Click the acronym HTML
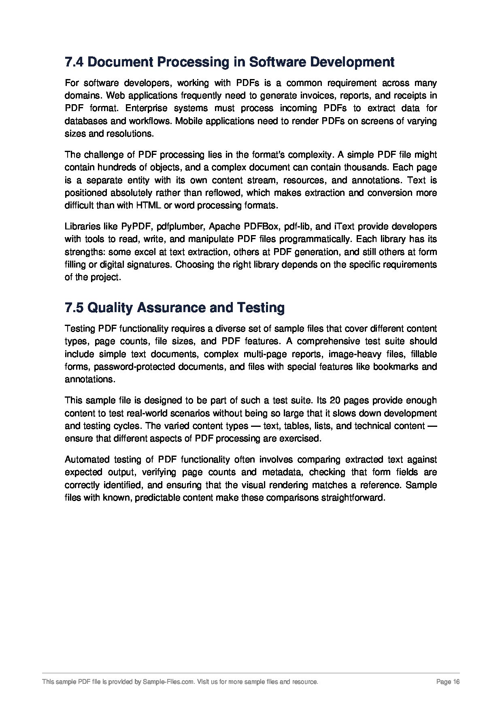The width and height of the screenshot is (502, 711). click(x=148, y=206)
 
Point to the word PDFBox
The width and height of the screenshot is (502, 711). click(x=261, y=226)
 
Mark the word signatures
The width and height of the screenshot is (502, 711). click(x=151, y=265)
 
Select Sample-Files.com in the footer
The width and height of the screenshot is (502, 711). click(x=168, y=682)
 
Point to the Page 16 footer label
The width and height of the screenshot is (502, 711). click(x=448, y=682)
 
